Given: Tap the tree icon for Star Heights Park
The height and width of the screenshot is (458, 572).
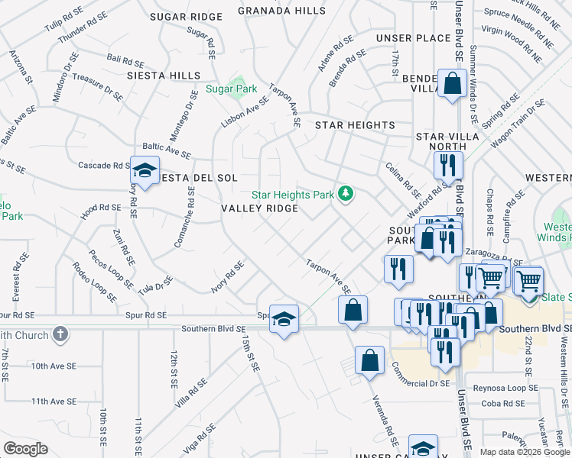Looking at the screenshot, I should click(346, 194).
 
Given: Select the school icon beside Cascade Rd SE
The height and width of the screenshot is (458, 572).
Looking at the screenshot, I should click(143, 172).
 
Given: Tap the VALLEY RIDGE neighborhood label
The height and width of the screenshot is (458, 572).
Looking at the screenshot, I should click(259, 208).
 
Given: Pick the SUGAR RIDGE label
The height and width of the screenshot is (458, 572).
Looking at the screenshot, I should click(186, 16).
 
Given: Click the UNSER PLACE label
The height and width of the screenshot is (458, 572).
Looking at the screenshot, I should click(413, 38).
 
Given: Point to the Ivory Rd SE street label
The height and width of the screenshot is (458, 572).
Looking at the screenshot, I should click(228, 276).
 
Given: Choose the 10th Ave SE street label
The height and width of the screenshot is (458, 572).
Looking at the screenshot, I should click(54, 366).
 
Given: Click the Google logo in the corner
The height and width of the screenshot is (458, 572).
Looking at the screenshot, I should click(25, 449).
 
